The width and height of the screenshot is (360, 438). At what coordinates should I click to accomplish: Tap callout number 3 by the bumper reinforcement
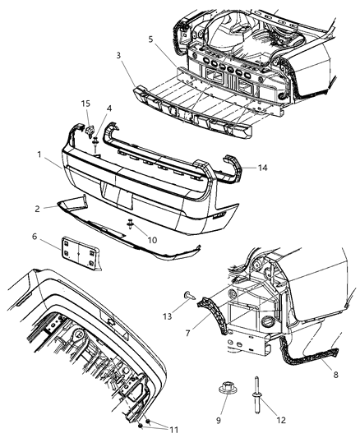[x=119, y=56]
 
